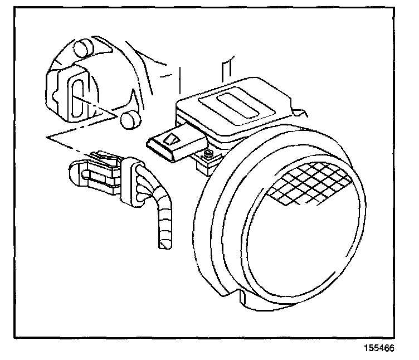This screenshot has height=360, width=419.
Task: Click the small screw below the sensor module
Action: click(x=208, y=154)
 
